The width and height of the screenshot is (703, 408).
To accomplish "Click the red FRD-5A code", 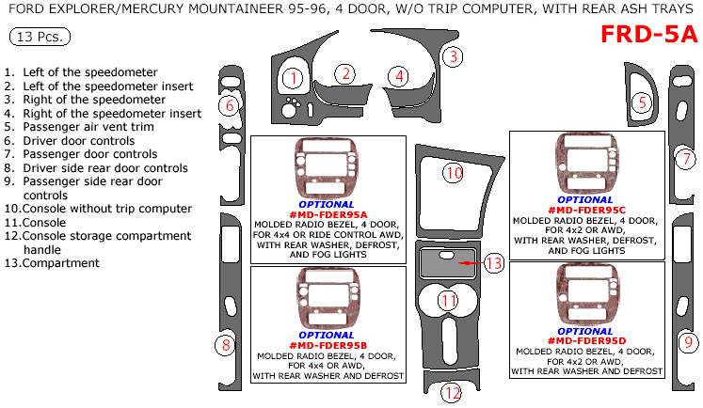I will pyautogui.click(x=649, y=34).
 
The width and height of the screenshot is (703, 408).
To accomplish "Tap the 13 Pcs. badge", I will pyautogui.click(x=39, y=38).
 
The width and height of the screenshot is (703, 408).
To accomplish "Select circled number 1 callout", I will pyautogui.click(x=294, y=79).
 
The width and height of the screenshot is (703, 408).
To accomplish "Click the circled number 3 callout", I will pyautogui.click(x=453, y=56).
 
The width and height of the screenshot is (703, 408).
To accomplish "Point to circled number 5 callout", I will pyautogui.click(x=642, y=102).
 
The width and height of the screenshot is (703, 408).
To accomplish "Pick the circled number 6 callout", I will pyautogui.click(x=229, y=105).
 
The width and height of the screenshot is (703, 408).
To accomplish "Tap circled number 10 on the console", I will pyautogui.click(x=454, y=173).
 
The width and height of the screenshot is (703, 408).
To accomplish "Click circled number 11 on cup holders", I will pyautogui.click(x=450, y=301).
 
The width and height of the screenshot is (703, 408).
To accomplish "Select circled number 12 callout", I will pyautogui.click(x=453, y=392).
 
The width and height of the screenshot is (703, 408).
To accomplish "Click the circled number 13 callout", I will pyautogui.click(x=494, y=263).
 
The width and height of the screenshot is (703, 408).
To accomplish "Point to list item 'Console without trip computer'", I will pyautogui.click(x=98, y=208).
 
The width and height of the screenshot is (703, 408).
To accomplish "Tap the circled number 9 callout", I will pyautogui.click(x=688, y=341).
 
